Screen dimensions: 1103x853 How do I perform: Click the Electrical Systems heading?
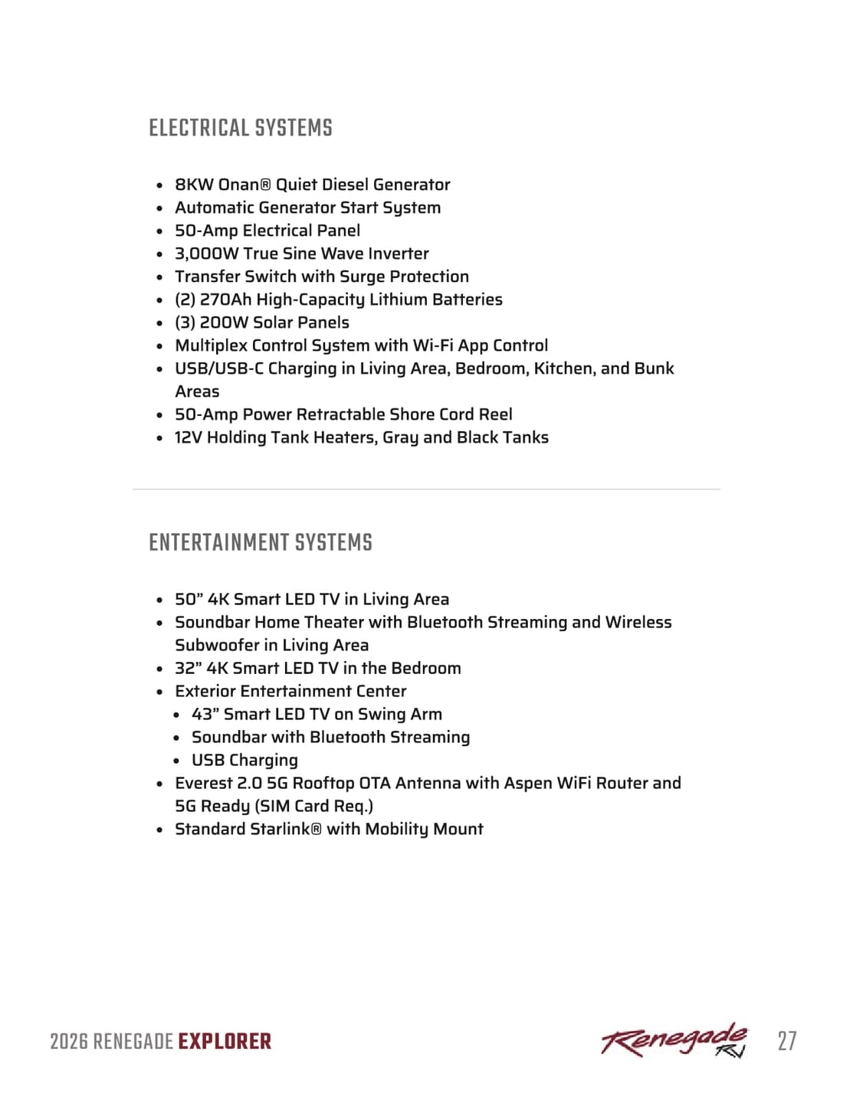(241, 128)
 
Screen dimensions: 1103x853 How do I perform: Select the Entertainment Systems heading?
(261, 542)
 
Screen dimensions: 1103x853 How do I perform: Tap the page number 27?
(786, 1041)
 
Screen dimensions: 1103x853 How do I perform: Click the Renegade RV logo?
(674, 1040)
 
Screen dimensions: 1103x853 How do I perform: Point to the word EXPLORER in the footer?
(225, 1042)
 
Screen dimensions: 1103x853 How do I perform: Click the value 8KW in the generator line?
(195, 185)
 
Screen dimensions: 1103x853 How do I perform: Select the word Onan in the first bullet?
(238, 185)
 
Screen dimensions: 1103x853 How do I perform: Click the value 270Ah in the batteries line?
(225, 299)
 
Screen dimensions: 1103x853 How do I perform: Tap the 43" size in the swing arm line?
(205, 714)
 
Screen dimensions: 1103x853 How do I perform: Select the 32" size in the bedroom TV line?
(188, 668)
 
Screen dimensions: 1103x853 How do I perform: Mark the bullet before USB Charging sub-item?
(176, 761)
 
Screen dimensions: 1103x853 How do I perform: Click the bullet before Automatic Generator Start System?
(159, 208)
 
